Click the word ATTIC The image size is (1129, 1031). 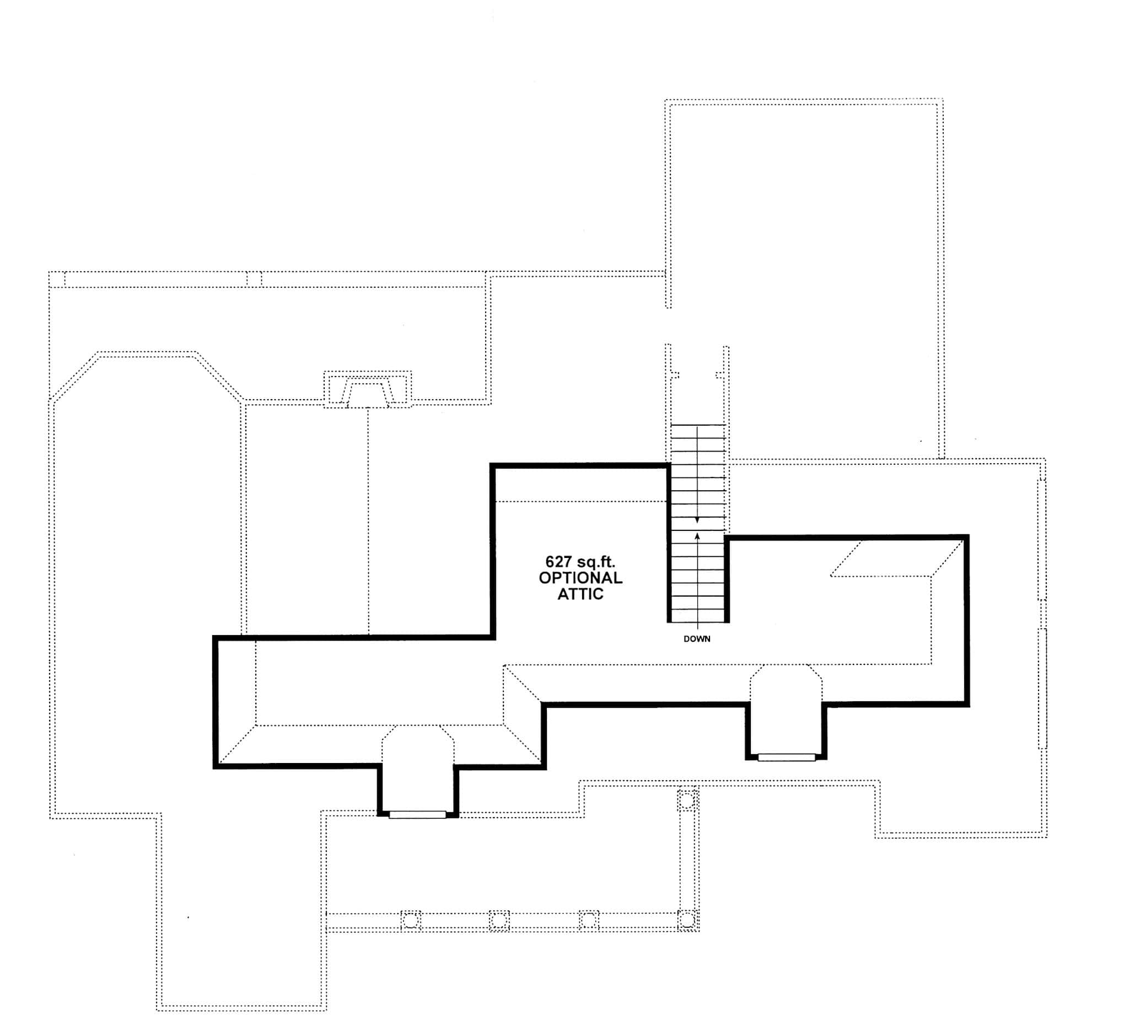click(x=580, y=594)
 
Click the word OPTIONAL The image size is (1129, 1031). click(x=580, y=578)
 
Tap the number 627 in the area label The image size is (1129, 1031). click(x=558, y=562)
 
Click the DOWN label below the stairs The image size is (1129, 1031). click(x=697, y=639)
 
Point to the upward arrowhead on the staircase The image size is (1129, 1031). click(x=697, y=536)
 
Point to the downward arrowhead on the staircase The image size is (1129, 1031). click(x=697, y=520)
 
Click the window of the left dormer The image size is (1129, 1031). click(x=417, y=815)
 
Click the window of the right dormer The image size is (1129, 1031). click(x=786, y=757)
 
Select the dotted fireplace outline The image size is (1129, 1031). click(x=367, y=389)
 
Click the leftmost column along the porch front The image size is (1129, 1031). click(x=411, y=921)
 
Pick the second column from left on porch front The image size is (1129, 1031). click(x=499, y=921)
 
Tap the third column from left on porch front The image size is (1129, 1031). click(x=588, y=921)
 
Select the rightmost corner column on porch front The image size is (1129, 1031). click(x=687, y=920)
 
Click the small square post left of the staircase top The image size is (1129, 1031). click(x=675, y=375)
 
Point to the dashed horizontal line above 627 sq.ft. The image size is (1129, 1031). click(x=580, y=502)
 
